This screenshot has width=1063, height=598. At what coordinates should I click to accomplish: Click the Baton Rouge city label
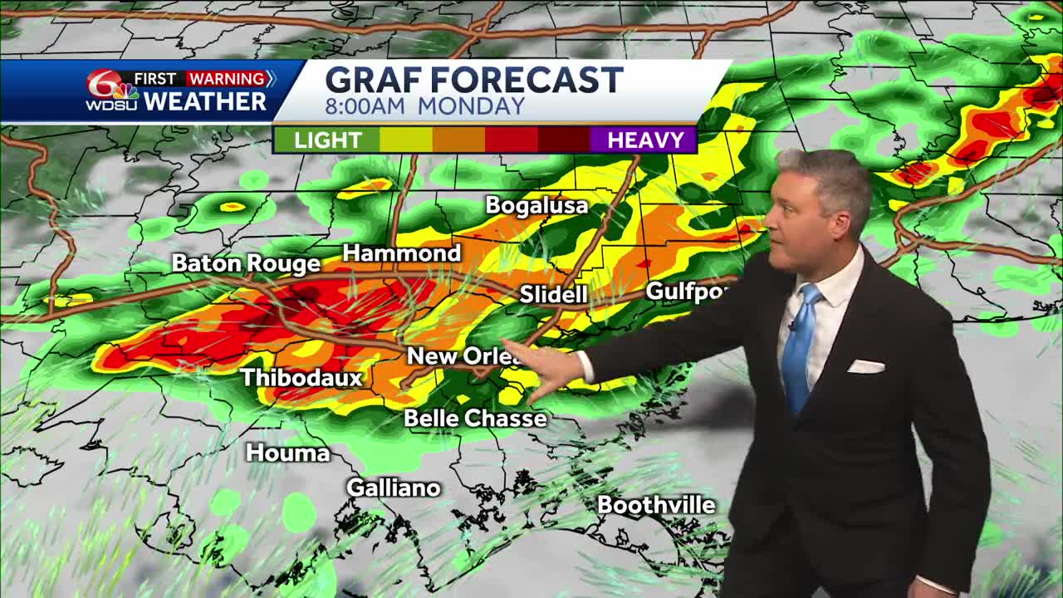click(x=246, y=264)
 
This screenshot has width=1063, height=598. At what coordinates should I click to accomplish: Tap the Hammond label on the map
click(x=402, y=253)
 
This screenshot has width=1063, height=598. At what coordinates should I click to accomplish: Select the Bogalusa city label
click(x=536, y=205)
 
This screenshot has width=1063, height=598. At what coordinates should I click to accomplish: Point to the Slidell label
click(x=553, y=294)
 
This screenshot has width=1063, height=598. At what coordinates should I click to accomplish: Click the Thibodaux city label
click(x=301, y=377)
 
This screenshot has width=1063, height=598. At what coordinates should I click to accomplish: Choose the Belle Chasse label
click(x=475, y=418)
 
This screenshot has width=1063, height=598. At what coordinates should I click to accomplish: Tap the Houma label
click(x=287, y=453)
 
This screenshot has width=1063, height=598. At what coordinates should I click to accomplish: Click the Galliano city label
click(x=393, y=488)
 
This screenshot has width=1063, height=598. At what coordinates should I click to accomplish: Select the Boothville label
click(x=656, y=505)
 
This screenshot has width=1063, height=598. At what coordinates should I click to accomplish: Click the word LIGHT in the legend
click(x=327, y=140)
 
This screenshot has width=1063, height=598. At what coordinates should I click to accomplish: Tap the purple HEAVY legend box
click(x=644, y=140)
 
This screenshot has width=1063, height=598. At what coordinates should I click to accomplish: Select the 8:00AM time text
click(x=366, y=106)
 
